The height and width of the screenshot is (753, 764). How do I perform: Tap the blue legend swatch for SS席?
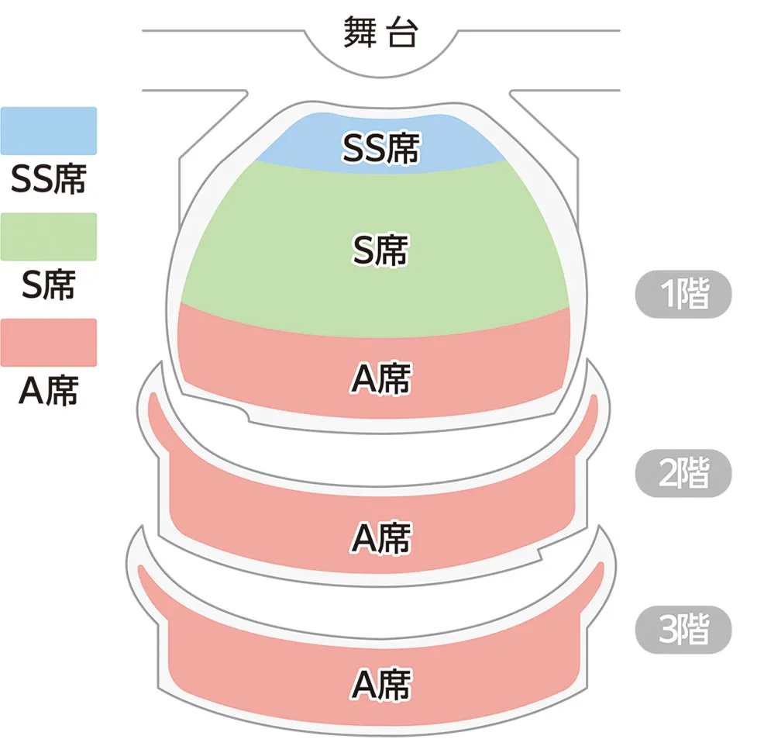(49, 130)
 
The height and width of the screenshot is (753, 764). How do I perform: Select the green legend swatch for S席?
(49, 237)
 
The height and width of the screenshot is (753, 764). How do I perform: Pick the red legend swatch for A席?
(49, 342)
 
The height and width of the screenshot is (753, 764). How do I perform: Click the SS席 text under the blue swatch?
(48, 179)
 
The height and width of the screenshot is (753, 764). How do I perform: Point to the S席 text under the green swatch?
(48, 285)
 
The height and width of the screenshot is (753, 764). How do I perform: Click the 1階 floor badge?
(683, 295)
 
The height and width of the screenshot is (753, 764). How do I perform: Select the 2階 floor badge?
(683, 473)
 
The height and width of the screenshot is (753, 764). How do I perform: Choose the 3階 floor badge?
(683, 630)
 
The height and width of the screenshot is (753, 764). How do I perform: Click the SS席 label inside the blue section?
(380, 149)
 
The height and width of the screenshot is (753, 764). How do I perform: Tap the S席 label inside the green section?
(380, 250)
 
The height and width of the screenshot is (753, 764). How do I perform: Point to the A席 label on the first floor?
(380, 379)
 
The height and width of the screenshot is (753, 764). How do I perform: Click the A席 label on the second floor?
(380, 537)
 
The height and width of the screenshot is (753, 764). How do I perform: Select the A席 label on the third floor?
(380, 685)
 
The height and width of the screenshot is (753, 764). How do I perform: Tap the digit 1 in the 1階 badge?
(668, 295)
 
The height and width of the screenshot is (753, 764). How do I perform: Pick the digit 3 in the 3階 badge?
(669, 630)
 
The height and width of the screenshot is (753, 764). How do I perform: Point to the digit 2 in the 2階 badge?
(669, 473)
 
